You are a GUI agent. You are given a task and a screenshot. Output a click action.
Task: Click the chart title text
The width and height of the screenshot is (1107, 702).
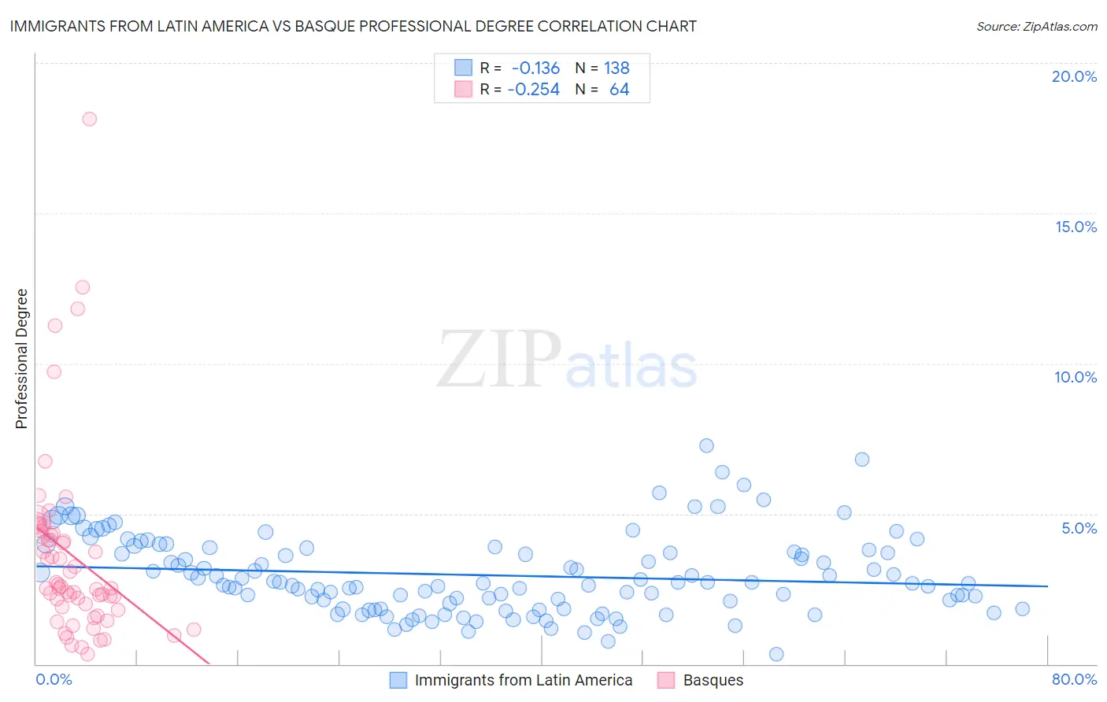click(353, 26)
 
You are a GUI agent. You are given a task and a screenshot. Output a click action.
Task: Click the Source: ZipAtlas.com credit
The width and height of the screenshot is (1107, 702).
click(1036, 26)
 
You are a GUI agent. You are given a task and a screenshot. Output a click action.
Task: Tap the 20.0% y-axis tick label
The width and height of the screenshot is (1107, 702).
click(1074, 76)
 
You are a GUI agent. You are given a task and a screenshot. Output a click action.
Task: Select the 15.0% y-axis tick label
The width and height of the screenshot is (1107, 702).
click(1076, 227)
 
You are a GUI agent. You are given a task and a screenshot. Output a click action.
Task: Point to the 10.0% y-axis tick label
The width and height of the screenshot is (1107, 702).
click(1076, 377)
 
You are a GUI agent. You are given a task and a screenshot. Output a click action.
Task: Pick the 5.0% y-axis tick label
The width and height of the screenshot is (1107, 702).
click(1079, 528)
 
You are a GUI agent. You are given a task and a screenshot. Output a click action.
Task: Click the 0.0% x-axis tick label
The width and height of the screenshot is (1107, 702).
click(54, 679)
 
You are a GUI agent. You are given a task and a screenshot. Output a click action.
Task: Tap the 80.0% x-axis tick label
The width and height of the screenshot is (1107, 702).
click(1074, 679)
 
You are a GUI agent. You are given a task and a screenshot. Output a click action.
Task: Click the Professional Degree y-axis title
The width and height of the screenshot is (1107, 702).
click(21, 359)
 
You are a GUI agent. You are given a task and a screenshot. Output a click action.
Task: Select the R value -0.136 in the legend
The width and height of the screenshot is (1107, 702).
click(535, 68)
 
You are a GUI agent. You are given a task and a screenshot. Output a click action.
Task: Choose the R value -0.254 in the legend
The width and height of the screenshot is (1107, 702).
click(533, 90)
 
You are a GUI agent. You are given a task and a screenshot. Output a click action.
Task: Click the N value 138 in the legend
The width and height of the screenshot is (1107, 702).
click(616, 68)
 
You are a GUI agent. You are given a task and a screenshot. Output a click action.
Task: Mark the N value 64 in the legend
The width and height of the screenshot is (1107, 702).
click(619, 90)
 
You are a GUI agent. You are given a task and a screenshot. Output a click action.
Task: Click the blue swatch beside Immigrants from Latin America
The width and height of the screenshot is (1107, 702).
click(398, 680)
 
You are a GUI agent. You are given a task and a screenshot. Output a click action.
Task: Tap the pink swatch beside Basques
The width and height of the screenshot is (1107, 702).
click(666, 680)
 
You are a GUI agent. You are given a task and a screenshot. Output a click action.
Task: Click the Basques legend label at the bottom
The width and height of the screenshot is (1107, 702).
click(713, 680)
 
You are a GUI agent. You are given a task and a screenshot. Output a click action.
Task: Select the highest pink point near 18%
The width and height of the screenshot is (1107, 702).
click(89, 119)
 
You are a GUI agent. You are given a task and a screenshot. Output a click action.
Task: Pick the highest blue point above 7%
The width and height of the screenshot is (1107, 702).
click(706, 445)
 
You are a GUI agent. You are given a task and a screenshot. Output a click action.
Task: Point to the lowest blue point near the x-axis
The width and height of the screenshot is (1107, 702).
click(776, 654)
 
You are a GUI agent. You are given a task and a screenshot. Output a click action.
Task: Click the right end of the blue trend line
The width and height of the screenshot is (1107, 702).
click(1047, 586)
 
